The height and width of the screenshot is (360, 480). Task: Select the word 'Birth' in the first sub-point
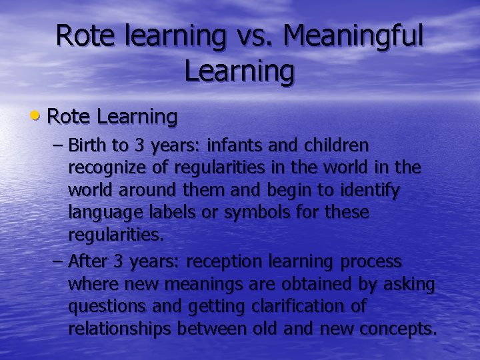coord(89,145)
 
